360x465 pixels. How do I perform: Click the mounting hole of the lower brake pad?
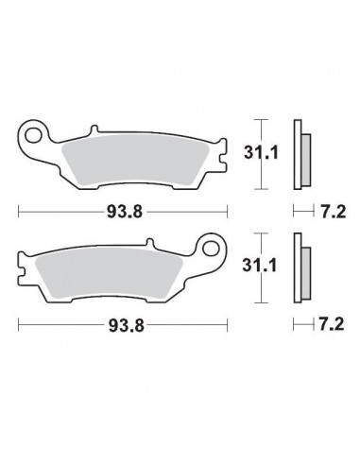pyautogui.click(x=211, y=249)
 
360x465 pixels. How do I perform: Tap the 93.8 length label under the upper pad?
pyautogui.click(x=125, y=212)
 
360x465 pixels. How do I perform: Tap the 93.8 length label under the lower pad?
pyautogui.click(x=126, y=325)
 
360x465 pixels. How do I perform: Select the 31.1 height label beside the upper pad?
pyautogui.click(x=261, y=153)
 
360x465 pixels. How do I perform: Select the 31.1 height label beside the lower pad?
pyautogui.click(x=259, y=266)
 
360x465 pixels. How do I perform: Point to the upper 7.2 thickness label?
pyautogui.click(x=334, y=212)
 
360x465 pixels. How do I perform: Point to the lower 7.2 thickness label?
pyautogui.click(x=332, y=324)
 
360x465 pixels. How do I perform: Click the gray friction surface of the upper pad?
pyautogui.click(x=134, y=160)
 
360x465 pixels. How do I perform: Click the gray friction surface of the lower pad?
pyautogui.click(x=109, y=273)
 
